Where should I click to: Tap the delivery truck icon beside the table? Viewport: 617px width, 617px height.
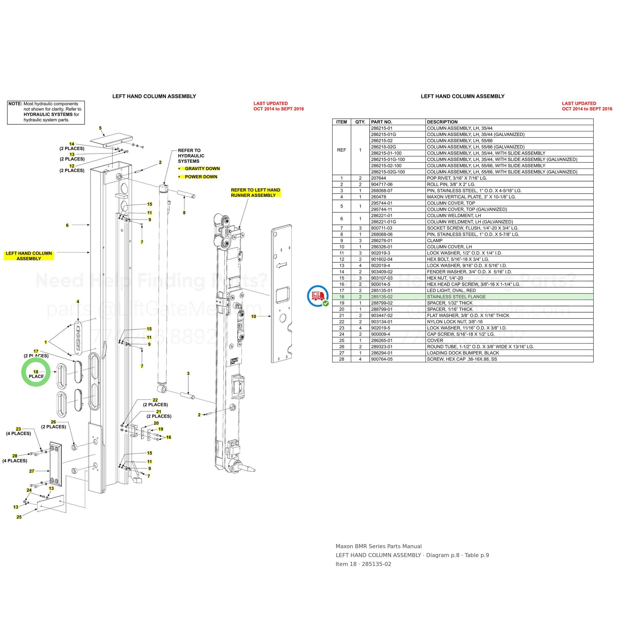318,296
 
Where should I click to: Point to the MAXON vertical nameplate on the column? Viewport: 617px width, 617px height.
77,338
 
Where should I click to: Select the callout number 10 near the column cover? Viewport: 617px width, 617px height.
253,316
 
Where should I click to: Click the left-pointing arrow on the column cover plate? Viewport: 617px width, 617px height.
281,265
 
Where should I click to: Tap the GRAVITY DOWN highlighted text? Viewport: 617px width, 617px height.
202,169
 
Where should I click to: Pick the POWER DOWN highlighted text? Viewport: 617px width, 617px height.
201,177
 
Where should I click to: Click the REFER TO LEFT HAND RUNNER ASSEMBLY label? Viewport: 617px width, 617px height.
255,193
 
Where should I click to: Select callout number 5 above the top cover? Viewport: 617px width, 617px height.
100,128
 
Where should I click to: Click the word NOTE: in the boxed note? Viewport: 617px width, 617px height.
15,104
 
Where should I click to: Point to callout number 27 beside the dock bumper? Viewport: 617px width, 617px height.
32,471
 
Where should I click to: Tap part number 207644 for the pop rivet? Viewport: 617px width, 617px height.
378,178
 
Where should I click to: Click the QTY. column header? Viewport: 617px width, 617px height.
360,122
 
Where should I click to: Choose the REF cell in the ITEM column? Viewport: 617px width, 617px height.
341,150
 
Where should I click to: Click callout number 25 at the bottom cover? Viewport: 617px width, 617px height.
19,517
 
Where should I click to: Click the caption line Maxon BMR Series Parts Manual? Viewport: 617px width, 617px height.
378,546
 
